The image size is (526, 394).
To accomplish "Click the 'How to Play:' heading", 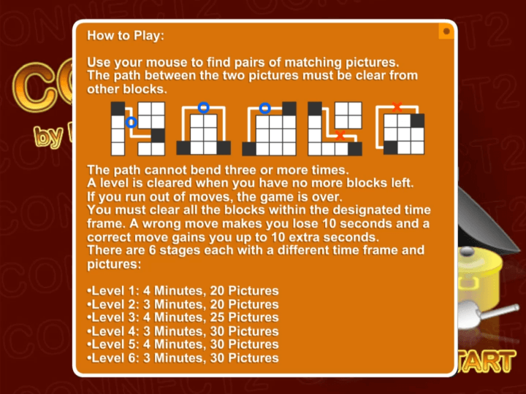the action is coord(126,36).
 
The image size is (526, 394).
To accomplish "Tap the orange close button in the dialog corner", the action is coord(446,31).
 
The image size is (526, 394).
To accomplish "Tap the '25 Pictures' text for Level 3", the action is coord(244,317).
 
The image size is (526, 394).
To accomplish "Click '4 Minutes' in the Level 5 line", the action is coord(172,344).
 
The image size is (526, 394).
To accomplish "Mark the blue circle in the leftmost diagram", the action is coord(131,123).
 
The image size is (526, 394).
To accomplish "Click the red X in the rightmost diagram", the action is coord(397,107).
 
